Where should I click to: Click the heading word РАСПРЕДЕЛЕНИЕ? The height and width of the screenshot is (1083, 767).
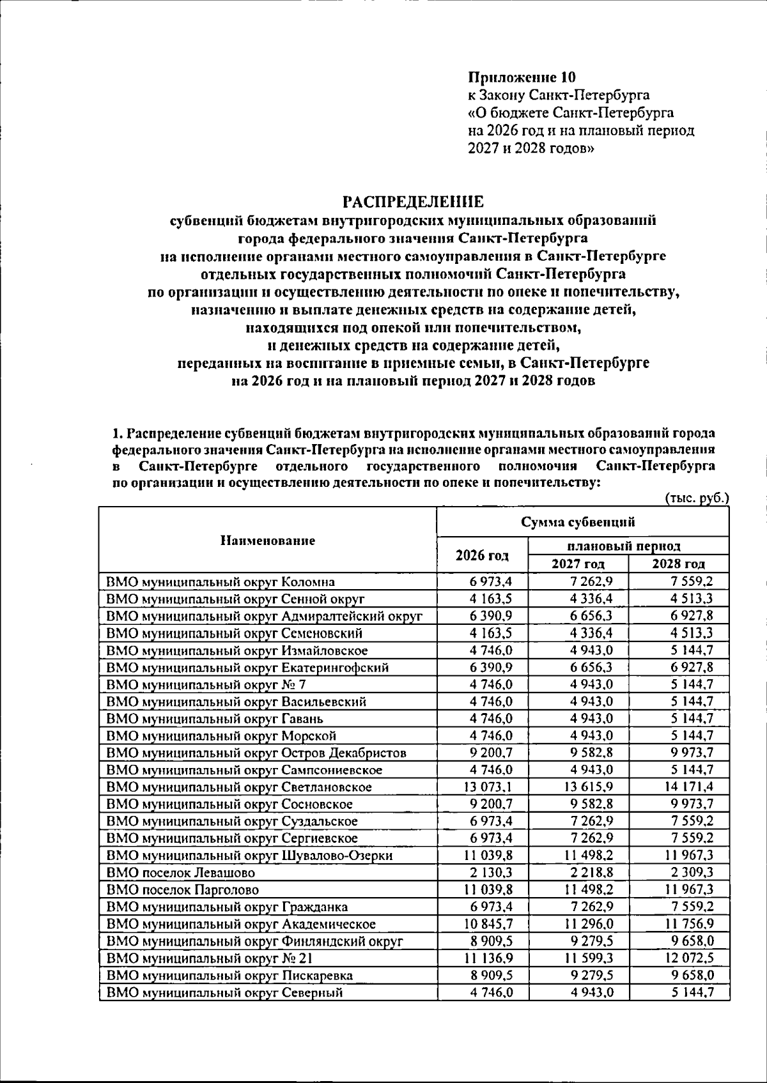click(414, 203)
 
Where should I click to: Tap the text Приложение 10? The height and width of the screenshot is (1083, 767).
click(522, 78)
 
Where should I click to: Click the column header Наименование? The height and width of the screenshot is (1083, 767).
click(268, 541)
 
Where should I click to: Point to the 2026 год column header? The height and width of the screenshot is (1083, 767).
click(482, 555)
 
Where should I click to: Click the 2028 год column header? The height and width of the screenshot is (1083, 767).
click(678, 564)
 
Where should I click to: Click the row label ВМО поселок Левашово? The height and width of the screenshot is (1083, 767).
click(181, 872)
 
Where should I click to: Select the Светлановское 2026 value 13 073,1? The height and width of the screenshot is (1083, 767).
click(488, 787)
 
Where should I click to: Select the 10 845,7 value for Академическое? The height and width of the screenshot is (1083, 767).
click(488, 924)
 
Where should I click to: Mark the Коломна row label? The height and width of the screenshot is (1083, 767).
click(221, 581)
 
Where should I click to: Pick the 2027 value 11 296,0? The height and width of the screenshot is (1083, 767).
click(588, 924)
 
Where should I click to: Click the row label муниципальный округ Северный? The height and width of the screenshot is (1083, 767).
click(225, 992)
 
